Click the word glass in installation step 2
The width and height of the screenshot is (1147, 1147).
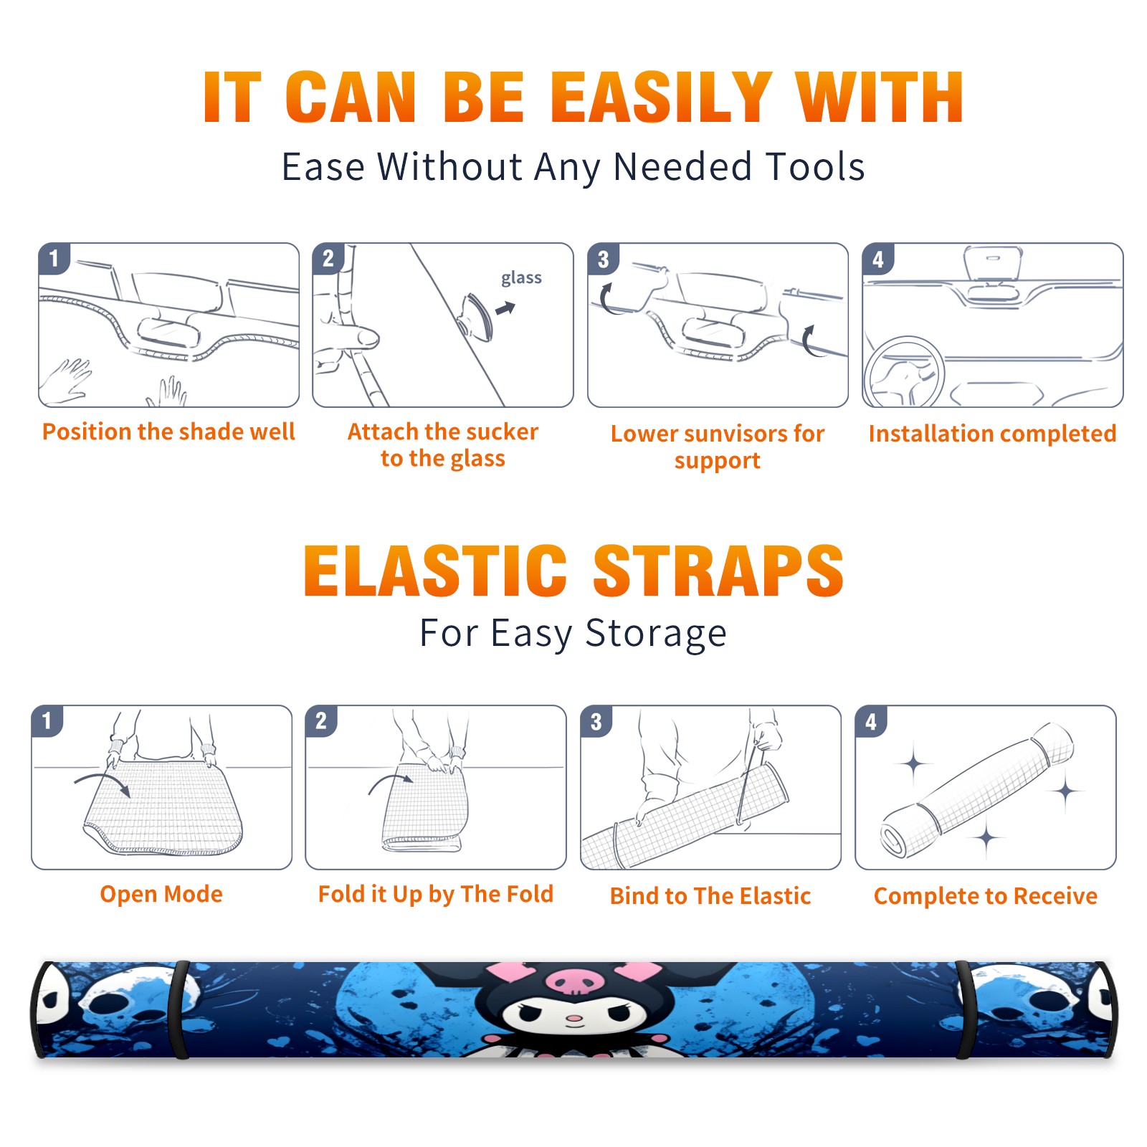pos(521,278)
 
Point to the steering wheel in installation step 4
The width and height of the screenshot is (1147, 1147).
pos(903,371)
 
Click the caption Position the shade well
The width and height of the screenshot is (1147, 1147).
pos(168,432)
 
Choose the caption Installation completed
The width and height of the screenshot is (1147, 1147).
pos(992,434)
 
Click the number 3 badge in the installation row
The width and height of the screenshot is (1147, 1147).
pos(603,259)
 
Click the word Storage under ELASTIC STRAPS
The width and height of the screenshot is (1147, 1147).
pos(656,634)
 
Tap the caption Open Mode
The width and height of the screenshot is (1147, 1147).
pos(161,894)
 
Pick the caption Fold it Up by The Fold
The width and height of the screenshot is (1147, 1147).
pos(436,895)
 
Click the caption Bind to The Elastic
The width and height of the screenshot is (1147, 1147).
pos(710,896)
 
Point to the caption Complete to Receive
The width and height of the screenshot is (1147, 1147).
pos(986,896)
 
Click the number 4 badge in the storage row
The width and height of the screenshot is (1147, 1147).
pos(870,721)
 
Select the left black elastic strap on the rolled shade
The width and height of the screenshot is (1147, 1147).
pos(179,1009)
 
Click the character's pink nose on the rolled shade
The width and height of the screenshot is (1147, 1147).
pos(574,1018)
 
